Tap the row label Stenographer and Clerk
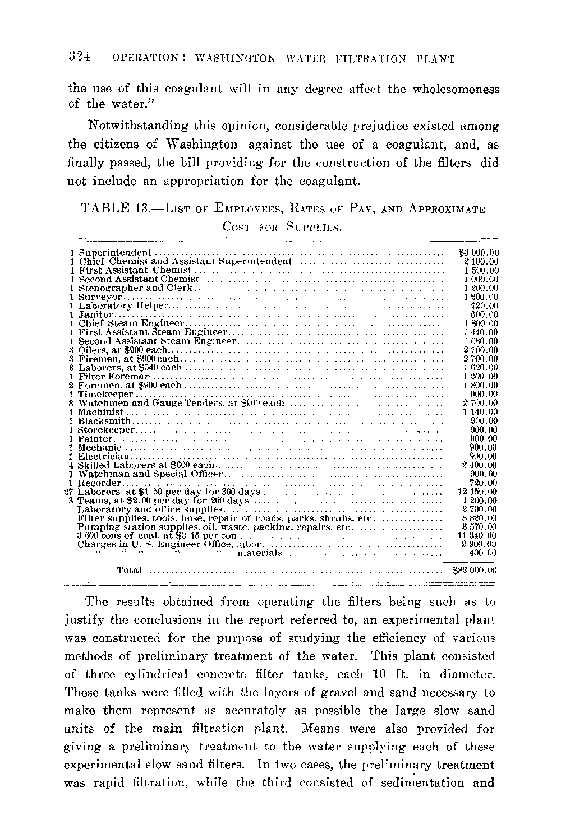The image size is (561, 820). (135, 288)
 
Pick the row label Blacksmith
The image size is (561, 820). (104, 421)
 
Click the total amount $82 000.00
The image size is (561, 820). (474, 571)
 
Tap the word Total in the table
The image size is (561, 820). (129, 571)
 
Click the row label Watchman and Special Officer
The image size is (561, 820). (151, 474)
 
